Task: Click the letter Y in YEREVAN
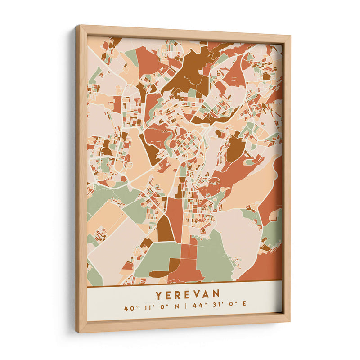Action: (x=159, y=295)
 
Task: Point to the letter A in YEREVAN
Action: (x=208, y=294)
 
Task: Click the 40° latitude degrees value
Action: (x=131, y=309)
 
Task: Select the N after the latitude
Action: (x=176, y=308)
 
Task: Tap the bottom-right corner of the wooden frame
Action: (x=289, y=320)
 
